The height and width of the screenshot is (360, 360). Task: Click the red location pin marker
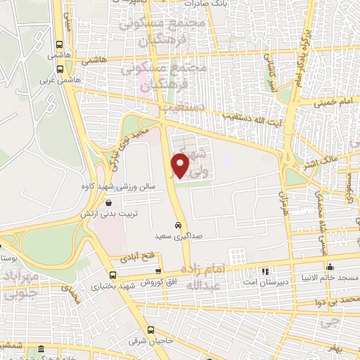(181, 165)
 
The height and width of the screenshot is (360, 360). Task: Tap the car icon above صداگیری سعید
(179, 226)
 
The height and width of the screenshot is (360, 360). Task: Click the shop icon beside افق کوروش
(159, 271)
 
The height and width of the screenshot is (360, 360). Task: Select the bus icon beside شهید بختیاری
(111, 276)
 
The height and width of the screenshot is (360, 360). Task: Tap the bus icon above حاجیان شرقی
(150, 330)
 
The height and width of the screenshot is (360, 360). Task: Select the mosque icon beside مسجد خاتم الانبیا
(330, 267)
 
